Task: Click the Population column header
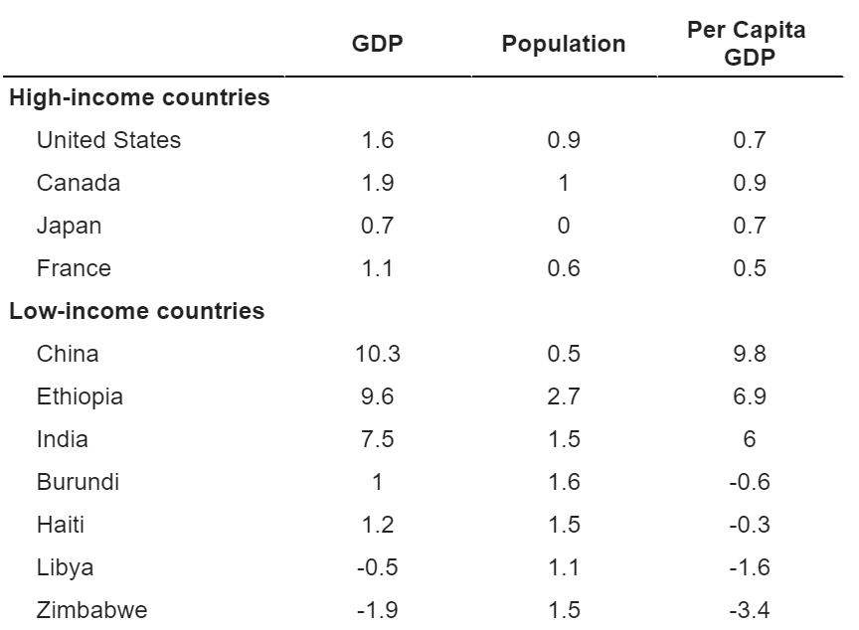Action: coord(564,45)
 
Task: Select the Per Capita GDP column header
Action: coord(748,44)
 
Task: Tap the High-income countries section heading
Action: coord(139,98)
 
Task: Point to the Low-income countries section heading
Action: coord(137,312)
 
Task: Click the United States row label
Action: coord(108,140)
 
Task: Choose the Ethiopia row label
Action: coord(80,396)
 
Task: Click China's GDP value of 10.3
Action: coord(377,354)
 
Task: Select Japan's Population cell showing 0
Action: coord(564,226)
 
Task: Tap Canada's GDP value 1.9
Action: coord(377,183)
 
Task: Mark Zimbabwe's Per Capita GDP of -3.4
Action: coord(748,610)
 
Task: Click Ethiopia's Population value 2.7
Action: coord(564,396)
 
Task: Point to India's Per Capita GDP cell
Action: coord(748,439)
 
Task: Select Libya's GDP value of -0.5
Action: coord(377,567)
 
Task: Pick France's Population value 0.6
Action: coord(564,268)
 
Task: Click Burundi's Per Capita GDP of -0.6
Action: coord(748,482)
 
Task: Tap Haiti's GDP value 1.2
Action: coord(377,525)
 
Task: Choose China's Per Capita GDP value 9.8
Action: coord(748,354)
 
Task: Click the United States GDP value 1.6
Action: coord(377,140)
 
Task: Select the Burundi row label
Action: coord(77,482)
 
